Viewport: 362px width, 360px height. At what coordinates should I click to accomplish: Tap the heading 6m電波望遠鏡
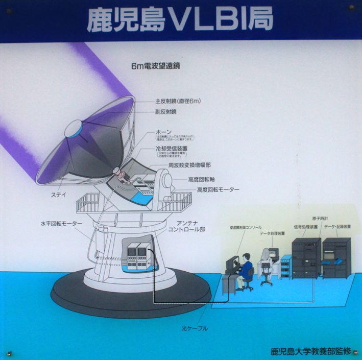[156, 66]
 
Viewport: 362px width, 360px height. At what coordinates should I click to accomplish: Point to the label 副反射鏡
[166, 112]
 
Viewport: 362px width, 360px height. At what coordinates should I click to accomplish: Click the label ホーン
[164, 132]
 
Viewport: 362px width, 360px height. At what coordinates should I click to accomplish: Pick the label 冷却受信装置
[172, 148]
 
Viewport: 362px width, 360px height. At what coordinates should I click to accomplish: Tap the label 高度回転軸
[201, 180]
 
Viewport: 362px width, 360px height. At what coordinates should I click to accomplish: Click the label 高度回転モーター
[218, 189]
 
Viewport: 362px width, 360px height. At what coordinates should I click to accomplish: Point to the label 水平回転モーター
[61, 224]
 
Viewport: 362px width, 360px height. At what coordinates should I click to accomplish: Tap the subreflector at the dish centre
[75, 127]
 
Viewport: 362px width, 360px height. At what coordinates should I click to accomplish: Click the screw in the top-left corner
[9, 7]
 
